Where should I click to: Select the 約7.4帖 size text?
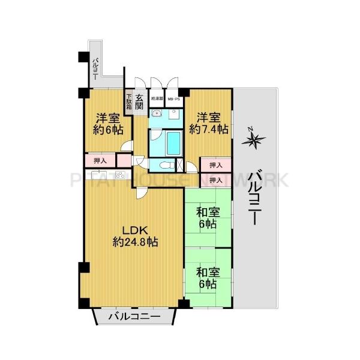click(x=209, y=129)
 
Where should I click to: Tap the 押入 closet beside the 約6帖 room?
click(x=100, y=160)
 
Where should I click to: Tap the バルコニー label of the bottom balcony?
click(x=134, y=316)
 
